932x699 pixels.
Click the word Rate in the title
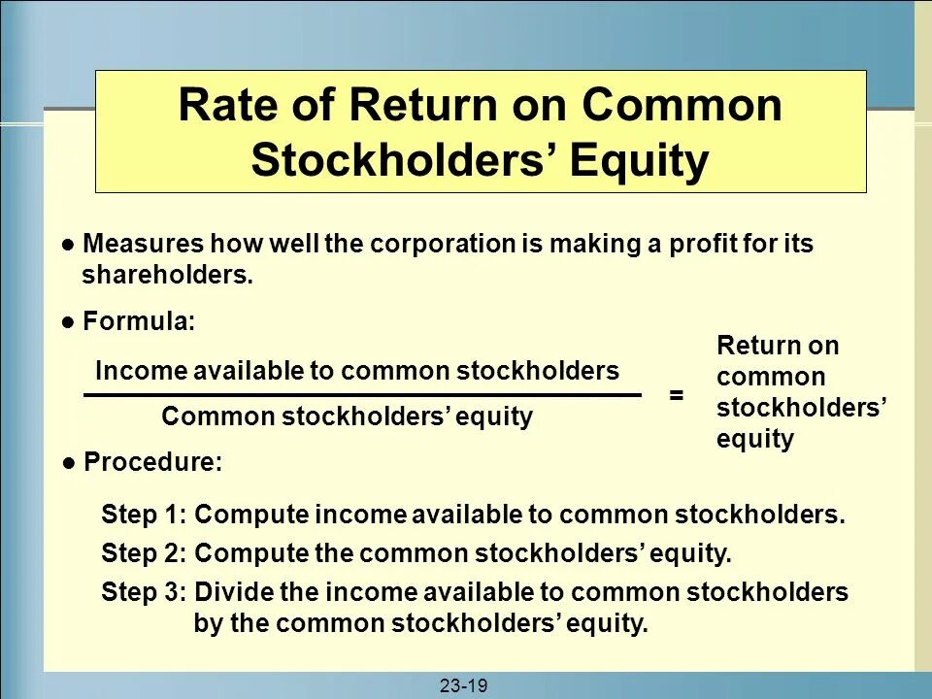click(x=221, y=105)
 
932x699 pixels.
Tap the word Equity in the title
click(x=639, y=161)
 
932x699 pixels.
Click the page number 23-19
click(x=463, y=686)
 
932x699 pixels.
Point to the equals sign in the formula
click(x=677, y=396)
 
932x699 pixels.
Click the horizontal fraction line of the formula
click(x=362, y=395)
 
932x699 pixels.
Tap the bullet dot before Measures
click(x=68, y=245)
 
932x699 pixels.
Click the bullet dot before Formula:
click(x=68, y=322)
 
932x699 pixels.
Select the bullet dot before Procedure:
click(x=69, y=464)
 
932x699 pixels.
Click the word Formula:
click(x=139, y=322)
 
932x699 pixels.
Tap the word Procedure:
click(x=152, y=464)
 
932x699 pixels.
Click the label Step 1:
click(x=145, y=515)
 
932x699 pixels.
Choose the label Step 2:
click(x=145, y=554)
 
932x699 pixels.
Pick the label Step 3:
click(x=145, y=592)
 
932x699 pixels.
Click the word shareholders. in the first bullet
click(x=167, y=276)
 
